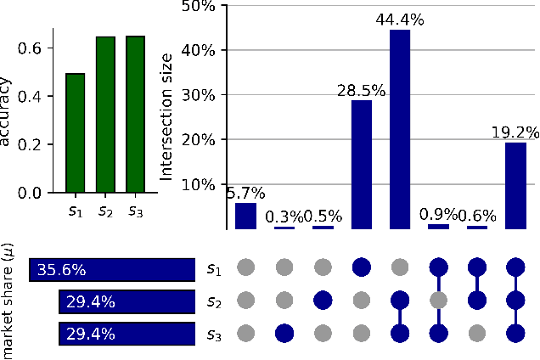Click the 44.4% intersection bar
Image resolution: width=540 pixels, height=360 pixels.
(400, 129)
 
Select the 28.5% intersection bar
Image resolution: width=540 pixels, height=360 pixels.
(362, 165)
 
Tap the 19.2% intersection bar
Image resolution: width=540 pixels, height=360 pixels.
(515, 186)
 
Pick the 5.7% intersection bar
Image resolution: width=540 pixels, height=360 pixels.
(245, 216)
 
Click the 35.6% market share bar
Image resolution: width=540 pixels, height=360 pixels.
(112, 270)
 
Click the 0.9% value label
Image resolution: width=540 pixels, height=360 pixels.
(438, 214)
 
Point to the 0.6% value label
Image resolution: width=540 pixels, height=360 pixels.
(477, 216)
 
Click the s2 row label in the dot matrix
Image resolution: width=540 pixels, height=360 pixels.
(215, 301)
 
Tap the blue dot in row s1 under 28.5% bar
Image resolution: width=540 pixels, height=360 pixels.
(362, 269)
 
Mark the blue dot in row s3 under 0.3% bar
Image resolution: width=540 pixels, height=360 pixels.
(284, 333)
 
